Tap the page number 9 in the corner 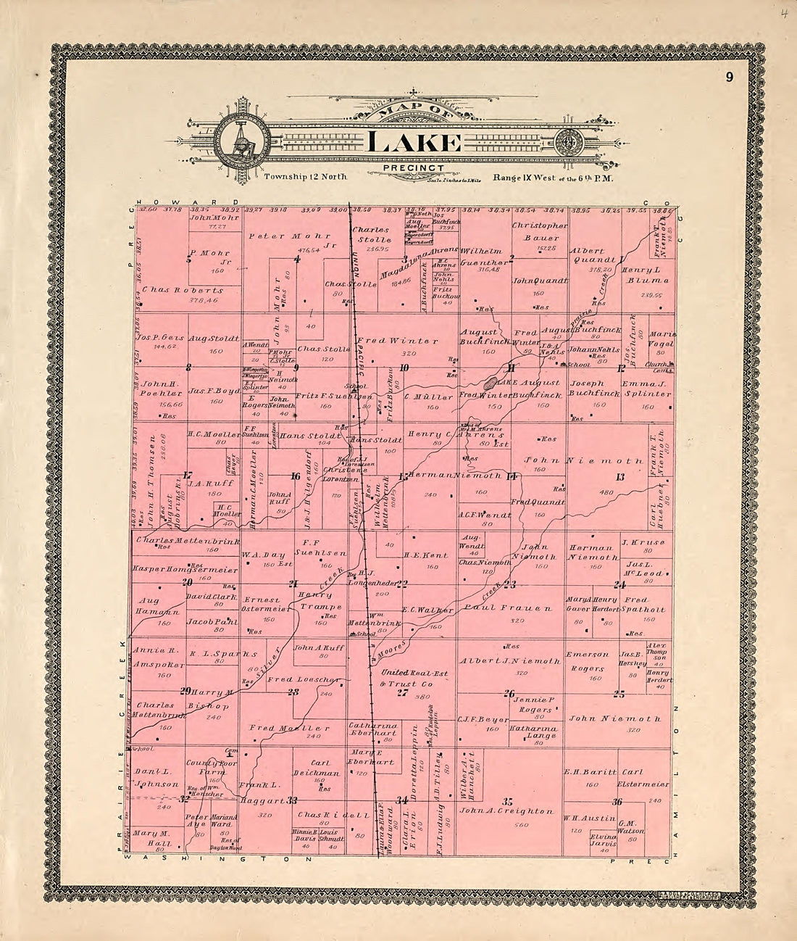[732, 78]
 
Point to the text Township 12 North [306, 177]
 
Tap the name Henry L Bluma [645, 274]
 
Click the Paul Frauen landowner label [498, 608]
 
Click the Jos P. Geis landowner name [157, 338]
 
